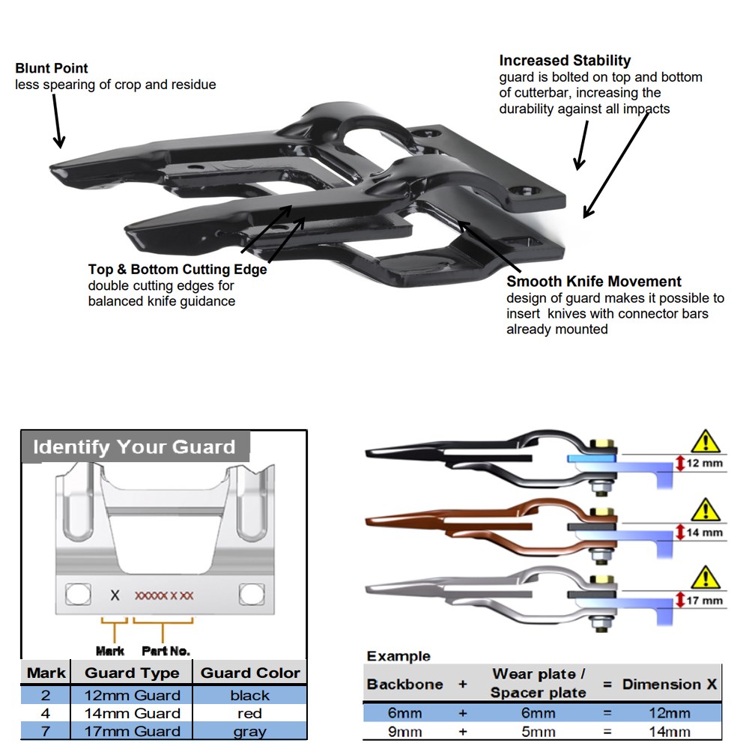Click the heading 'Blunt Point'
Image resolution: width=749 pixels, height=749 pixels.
pos(52,68)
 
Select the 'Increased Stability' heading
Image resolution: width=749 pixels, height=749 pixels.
pos(565,61)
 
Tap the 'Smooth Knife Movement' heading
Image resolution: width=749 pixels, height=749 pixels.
pos(594,282)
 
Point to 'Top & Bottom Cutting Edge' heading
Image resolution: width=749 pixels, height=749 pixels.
pos(178,270)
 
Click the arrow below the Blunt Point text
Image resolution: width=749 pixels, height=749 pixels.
pos(58,121)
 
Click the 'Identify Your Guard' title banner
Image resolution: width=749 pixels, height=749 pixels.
pos(134,446)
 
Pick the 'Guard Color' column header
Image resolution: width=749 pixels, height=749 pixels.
pos(250,673)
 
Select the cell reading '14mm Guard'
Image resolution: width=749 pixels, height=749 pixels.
pos(133,713)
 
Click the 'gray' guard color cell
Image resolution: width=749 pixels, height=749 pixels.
pos(250,732)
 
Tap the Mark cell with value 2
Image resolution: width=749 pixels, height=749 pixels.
pos(46,696)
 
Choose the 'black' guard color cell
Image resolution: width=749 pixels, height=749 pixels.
pos(250,696)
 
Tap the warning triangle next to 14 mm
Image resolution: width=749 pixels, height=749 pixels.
pos(706,511)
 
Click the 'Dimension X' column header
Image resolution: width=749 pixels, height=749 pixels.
pos(669,684)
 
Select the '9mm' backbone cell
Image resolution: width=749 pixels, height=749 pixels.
pos(405,732)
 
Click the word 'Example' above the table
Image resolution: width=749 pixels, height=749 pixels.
pos(398,656)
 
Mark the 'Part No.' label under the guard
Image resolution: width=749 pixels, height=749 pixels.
pos(166,651)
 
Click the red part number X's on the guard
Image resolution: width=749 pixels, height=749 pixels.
pos(164,595)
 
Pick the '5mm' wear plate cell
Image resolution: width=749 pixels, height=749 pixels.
pos(539,732)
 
